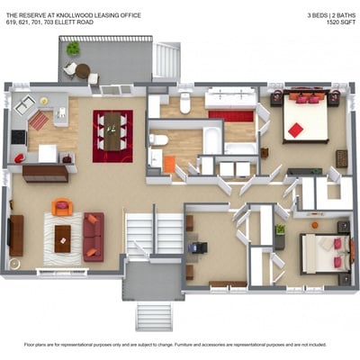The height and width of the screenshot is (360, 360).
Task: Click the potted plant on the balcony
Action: tap(73, 49)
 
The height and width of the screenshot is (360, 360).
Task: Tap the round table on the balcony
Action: tap(83, 71)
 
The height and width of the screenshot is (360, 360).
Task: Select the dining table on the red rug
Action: tap(112, 131)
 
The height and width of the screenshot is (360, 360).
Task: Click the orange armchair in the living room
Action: tap(62, 207)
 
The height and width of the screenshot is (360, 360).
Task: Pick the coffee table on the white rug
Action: tap(63, 238)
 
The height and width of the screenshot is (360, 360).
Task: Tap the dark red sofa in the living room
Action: tap(94, 237)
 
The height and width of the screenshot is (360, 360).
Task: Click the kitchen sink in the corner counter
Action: tap(24, 104)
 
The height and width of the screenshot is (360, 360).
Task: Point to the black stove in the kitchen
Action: tap(19, 137)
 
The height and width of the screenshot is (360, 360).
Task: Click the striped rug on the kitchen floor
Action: tap(39, 121)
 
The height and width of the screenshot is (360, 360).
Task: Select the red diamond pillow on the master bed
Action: tap(296, 130)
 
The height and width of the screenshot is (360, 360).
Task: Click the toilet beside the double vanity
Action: tap(185, 103)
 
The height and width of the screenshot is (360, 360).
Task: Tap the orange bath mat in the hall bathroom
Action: tap(169, 165)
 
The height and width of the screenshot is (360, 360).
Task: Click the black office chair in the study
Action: tap(198, 247)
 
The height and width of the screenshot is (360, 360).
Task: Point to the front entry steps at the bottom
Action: tap(155, 317)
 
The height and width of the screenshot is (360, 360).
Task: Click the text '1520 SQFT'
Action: tap(341, 22)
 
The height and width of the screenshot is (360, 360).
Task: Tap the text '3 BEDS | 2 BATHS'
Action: tap(331, 15)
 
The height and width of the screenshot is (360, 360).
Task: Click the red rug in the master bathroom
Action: tap(231, 116)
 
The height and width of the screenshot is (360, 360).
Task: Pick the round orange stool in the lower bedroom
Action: tap(315, 225)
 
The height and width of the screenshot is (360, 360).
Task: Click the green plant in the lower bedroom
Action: tap(280, 229)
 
